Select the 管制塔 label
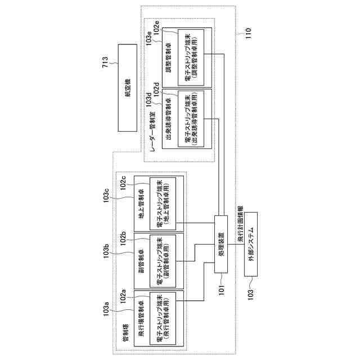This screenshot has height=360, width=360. pos(127,335)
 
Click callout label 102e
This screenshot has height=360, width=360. pos(156,27)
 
